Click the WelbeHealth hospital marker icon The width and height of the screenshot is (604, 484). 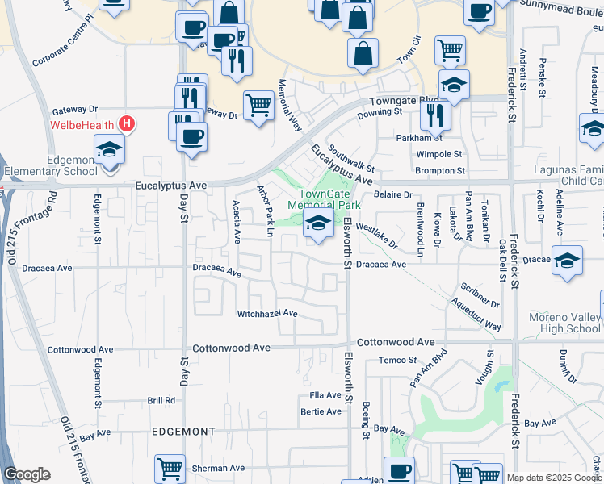pyautogui.click(x=127, y=123)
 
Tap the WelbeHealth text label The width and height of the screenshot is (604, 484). pyautogui.click(x=82, y=124)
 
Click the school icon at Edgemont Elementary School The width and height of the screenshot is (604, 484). pyautogui.click(x=109, y=150)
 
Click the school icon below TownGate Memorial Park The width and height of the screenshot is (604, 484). pyautogui.click(x=318, y=224)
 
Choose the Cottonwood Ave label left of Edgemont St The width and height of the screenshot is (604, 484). pyautogui.click(x=79, y=349)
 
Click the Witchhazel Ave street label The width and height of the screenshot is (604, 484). pyautogui.click(x=267, y=313)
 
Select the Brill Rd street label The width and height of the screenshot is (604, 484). pyautogui.click(x=161, y=400)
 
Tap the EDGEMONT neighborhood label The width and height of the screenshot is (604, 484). pyautogui.click(x=183, y=432)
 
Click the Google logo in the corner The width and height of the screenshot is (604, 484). pyautogui.click(x=27, y=474)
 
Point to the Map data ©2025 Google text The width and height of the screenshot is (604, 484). pyautogui.click(x=554, y=478)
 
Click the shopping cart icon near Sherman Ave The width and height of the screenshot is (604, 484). pyautogui.click(x=170, y=468)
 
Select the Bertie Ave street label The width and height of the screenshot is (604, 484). pyautogui.click(x=321, y=411)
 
